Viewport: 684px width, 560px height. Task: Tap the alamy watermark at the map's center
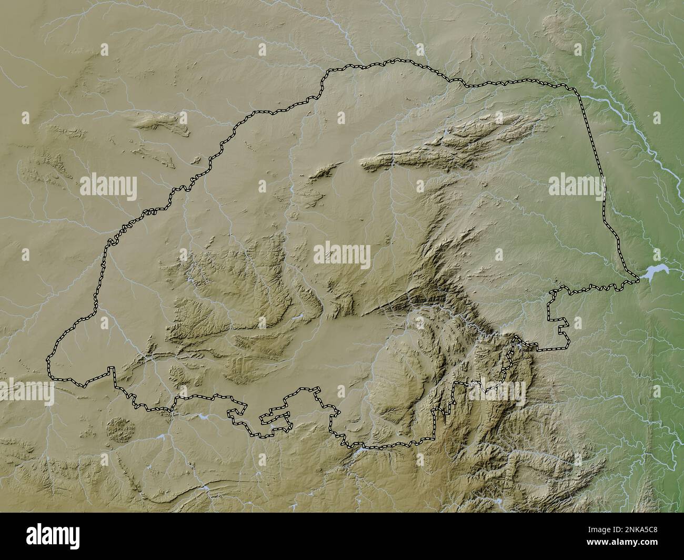pyautogui.click(x=342, y=255)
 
